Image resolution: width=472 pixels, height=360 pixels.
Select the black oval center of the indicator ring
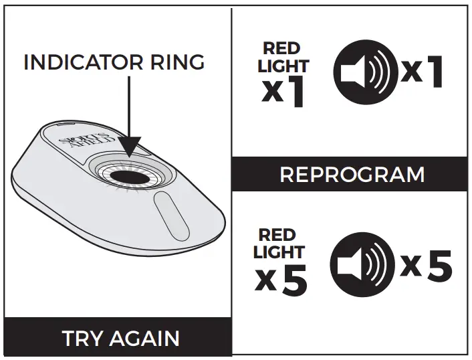click(x=130, y=175)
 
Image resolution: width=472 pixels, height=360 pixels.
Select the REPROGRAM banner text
click(x=352, y=175)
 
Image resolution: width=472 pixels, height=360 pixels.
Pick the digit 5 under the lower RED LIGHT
click(x=293, y=282)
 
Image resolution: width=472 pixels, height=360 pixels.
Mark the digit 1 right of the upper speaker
click(x=435, y=72)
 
